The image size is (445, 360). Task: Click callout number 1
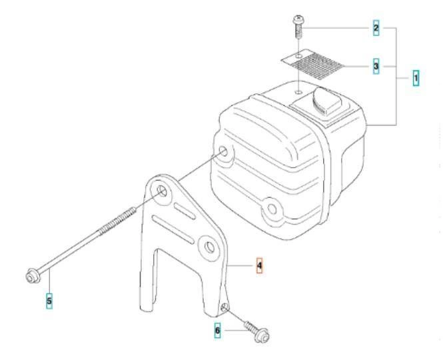(416, 78)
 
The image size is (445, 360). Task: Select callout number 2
(376, 28)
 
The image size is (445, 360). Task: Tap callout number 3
(376, 67)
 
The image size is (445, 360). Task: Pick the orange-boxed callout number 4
(259, 265)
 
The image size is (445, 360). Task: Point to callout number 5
(49, 301)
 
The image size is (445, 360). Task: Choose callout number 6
(217, 331)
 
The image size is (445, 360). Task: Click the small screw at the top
(298, 27)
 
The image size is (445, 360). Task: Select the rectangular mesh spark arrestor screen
(313, 64)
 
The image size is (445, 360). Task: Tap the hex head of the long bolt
(33, 276)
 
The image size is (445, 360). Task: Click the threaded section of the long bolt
(117, 221)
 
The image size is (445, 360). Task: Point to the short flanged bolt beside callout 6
(257, 331)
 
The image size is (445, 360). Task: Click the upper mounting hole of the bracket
(162, 191)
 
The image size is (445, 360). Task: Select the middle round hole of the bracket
(210, 247)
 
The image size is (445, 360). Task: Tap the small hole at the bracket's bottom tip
(224, 307)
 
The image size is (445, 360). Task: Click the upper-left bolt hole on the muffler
(223, 151)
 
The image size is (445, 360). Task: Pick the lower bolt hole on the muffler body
(272, 209)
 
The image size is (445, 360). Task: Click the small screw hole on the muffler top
(298, 92)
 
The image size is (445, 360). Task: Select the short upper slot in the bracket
(185, 211)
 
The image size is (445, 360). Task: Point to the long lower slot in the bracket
(173, 229)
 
